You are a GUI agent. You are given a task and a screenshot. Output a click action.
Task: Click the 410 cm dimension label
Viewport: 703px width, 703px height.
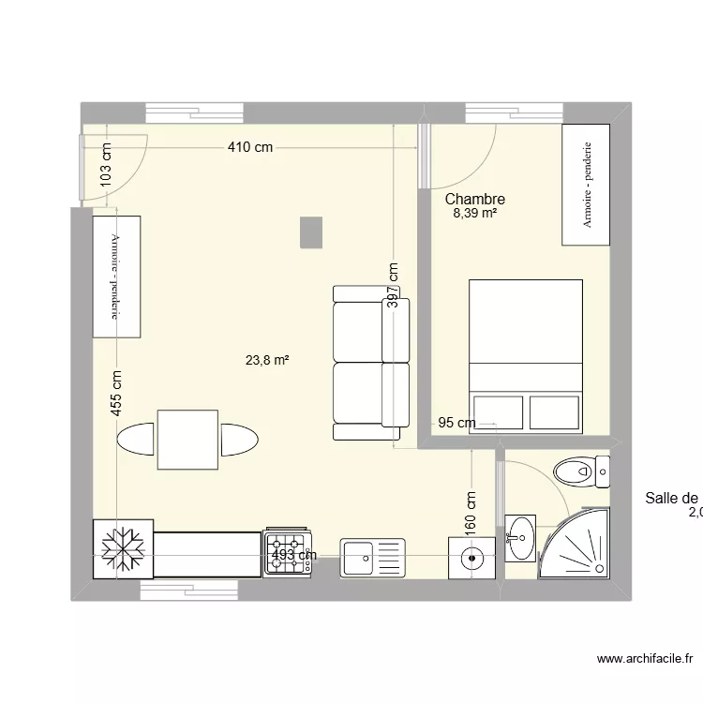click(x=249, y=147)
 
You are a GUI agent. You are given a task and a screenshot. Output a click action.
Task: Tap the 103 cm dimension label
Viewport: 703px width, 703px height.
click(x=106, y=164)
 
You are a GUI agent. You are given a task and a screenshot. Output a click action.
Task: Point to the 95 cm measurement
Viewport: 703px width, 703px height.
click(x=456, y=424)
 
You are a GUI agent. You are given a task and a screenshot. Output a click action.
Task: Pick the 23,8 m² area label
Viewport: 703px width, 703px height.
click(x=267, y=359)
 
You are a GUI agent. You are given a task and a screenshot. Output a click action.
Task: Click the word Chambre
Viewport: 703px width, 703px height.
click(x=475, y=200)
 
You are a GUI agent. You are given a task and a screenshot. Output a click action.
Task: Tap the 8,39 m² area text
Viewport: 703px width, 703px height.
click(x=474, y=215)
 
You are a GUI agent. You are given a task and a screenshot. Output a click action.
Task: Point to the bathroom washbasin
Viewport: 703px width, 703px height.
click(x=520, y=538)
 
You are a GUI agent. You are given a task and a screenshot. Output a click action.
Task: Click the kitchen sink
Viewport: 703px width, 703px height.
click(x=373, y=558)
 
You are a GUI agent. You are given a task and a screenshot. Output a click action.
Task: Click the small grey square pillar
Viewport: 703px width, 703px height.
click(x=311, y=232)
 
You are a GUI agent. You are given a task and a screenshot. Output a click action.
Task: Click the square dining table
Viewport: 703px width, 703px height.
click(x=187, y=440)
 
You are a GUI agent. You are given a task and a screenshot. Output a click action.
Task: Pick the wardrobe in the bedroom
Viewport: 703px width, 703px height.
click(x=587, y=186)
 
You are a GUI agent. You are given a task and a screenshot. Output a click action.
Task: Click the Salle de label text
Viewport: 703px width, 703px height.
click(x=672, y=499)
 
